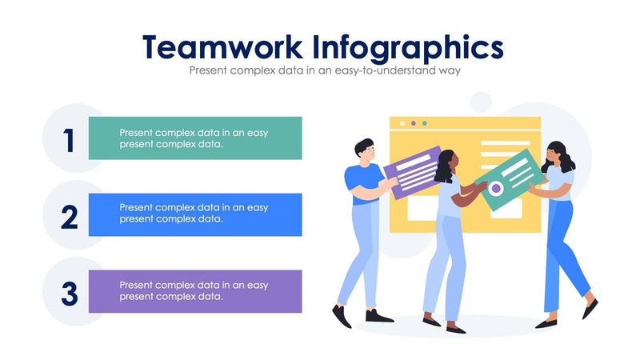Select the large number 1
click(70, 141)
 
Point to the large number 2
click(70, 217)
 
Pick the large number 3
click(70, 294)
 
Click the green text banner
click(194, 138)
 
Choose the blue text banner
click(194, 214)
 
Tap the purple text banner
click(194, 290)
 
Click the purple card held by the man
click(413, 171)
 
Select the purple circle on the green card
click(496, 189)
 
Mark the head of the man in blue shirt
click(363, 149)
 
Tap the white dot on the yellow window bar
click(402, 123)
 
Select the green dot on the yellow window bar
click(424, 123)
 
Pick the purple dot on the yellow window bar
click(413, 123)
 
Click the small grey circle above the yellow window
click(481, 102)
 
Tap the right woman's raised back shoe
click(590, 308)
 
